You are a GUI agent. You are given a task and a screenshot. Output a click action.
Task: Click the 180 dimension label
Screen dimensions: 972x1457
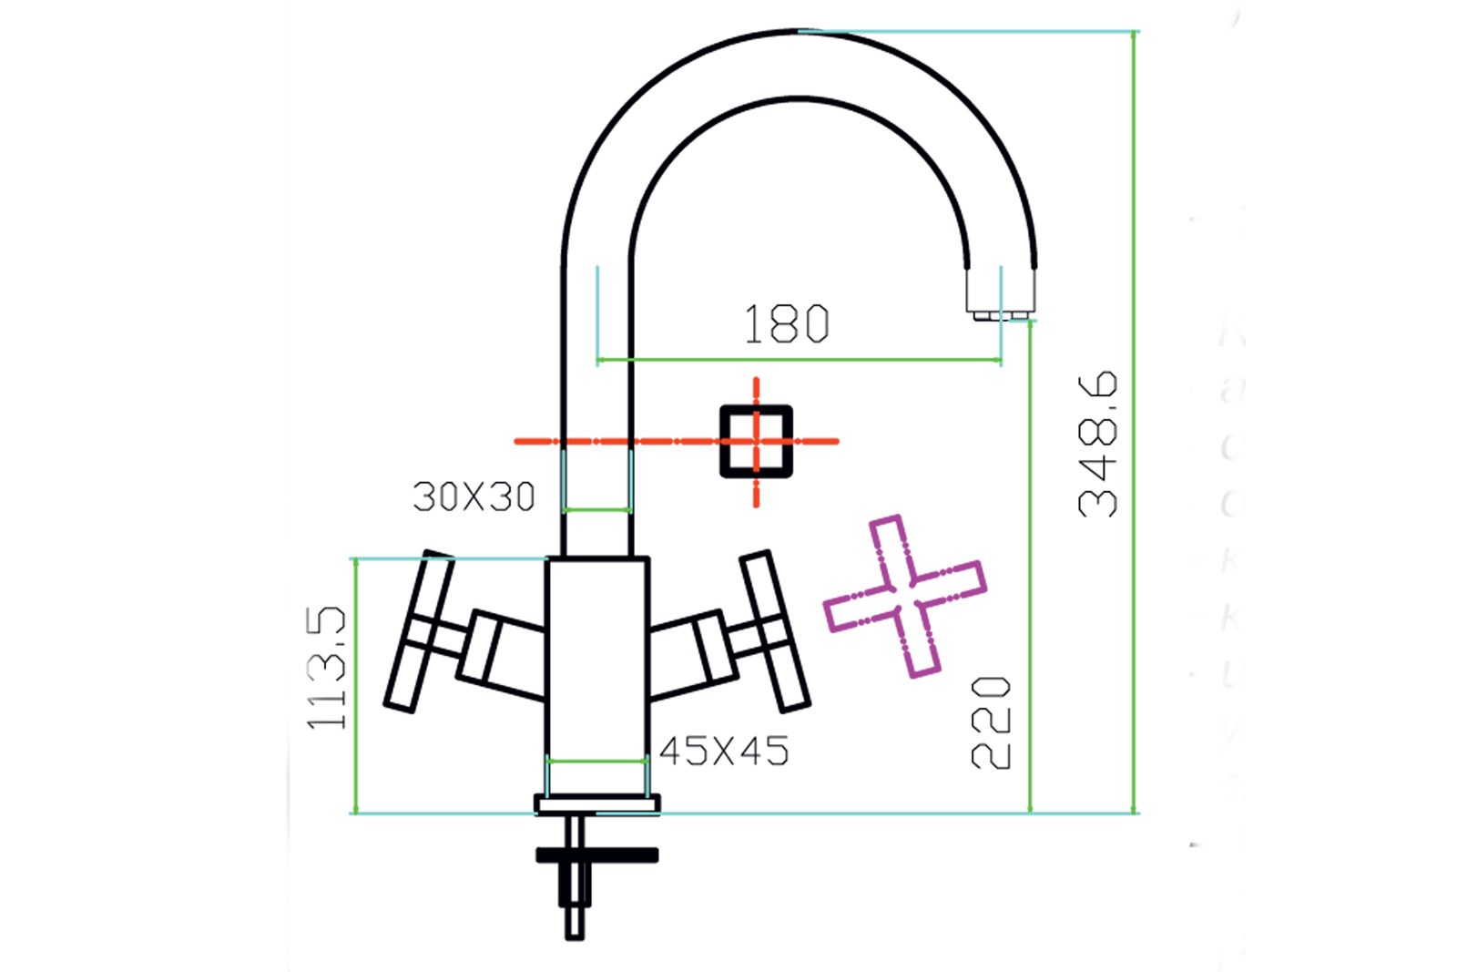point(787,324)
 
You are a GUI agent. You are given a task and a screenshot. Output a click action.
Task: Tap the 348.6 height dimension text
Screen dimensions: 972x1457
point(1097,444)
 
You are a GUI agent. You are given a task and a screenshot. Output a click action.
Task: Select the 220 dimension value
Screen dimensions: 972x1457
point(991,722)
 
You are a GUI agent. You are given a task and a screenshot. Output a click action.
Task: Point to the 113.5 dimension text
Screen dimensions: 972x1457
point(326,668)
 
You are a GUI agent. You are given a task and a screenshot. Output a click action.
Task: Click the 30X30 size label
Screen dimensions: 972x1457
point(474,497)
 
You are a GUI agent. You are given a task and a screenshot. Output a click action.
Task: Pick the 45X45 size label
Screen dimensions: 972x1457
point(724,752)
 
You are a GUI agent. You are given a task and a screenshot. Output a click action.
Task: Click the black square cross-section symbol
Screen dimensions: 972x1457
point(756,442)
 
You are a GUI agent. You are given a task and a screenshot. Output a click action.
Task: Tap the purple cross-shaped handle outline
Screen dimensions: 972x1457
point(904,596)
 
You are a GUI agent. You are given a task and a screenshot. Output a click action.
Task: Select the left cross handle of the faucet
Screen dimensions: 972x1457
point(418,630)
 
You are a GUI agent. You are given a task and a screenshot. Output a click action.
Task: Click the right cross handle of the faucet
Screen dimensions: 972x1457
point(774,630)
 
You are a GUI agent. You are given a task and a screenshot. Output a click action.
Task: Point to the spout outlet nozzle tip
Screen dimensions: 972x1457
point(1000,314)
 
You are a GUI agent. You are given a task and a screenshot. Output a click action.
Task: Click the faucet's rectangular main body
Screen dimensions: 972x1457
point(597,656)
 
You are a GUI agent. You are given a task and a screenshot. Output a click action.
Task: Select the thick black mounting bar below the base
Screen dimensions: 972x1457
point(597,854)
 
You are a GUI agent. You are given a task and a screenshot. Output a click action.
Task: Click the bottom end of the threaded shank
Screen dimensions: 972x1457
point(575,931)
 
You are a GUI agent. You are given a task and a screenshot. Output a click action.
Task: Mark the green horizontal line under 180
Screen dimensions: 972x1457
point(799,360)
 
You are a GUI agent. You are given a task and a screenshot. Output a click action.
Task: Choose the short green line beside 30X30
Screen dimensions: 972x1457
point(597,509)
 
